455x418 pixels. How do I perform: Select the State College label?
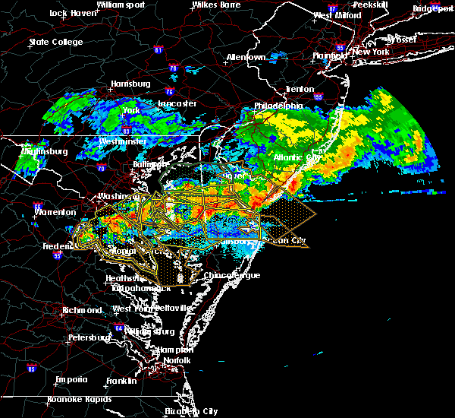point(55,42)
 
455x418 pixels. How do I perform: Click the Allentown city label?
point(246,57)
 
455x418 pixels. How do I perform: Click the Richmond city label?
point(83,310)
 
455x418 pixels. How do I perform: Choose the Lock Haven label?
point(69,13)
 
